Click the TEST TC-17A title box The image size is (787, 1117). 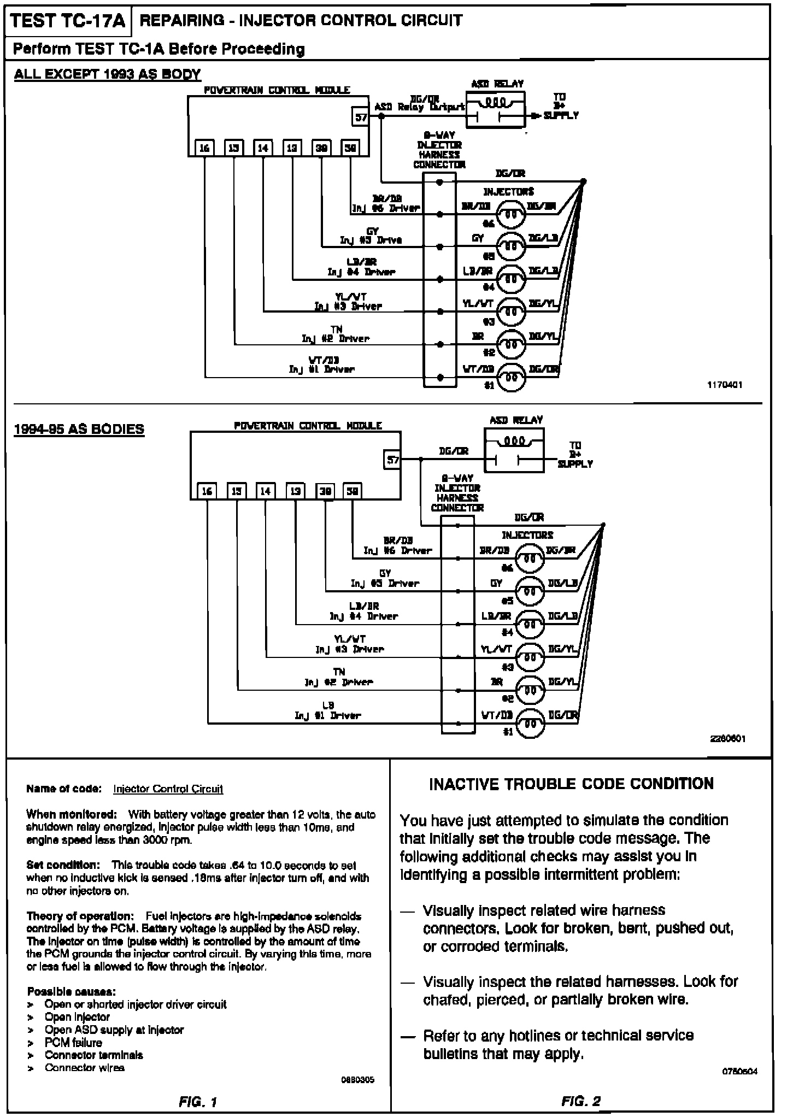68,22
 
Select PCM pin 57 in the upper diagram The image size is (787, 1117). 361,116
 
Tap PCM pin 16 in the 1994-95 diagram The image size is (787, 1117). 207,491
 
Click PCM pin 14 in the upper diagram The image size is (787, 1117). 263,148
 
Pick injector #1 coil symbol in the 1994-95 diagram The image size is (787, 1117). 530,723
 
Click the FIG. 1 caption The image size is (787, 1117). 198,1102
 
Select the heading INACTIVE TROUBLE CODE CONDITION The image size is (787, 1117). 571,784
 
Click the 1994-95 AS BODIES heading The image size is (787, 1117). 79,429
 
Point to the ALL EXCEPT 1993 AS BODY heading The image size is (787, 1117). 107,74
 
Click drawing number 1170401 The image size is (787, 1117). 725,385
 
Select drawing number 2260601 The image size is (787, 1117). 728,739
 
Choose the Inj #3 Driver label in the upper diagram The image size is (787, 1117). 348,307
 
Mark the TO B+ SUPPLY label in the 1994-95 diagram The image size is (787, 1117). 575,455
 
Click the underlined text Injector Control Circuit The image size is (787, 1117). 168,789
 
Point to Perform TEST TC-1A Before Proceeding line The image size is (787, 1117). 158,49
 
